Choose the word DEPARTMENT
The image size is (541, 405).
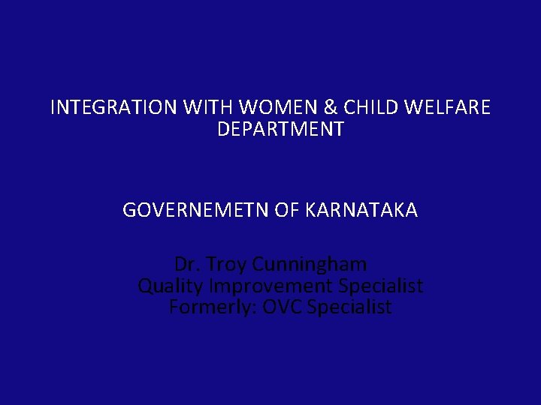click(x=280, y=130)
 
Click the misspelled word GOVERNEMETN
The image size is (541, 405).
click(x=196, y=211)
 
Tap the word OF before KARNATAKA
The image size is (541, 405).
click(x=287, y=211)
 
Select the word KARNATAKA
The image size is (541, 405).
click(x=361, y=211)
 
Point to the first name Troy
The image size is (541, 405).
click(x=227, y=265)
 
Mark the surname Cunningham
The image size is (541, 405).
click(x=310, y=265)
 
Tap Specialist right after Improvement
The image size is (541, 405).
click(x=381, y=286)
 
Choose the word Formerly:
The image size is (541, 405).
click(x=213, y=307)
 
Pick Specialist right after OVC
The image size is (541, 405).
click(x=349, y=307)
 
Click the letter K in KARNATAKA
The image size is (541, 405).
click(x=310, y=211)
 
